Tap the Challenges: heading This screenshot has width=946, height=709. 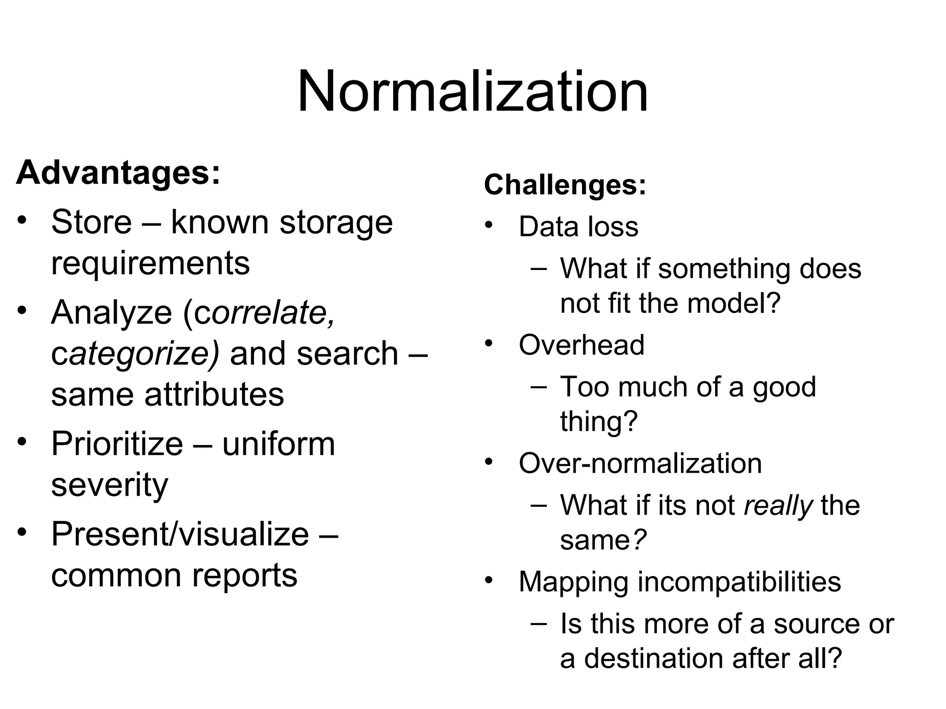564,185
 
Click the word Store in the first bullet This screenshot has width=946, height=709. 91,222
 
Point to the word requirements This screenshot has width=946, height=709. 150,263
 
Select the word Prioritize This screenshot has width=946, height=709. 117,444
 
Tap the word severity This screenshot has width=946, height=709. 109,485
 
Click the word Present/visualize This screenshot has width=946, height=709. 180,534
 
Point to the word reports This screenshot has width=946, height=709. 245,575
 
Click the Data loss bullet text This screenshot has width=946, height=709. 578,227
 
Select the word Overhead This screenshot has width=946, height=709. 581,345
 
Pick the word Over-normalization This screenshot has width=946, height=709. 640,463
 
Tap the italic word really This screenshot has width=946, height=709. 778,505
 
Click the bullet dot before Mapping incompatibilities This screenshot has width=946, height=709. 489,580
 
